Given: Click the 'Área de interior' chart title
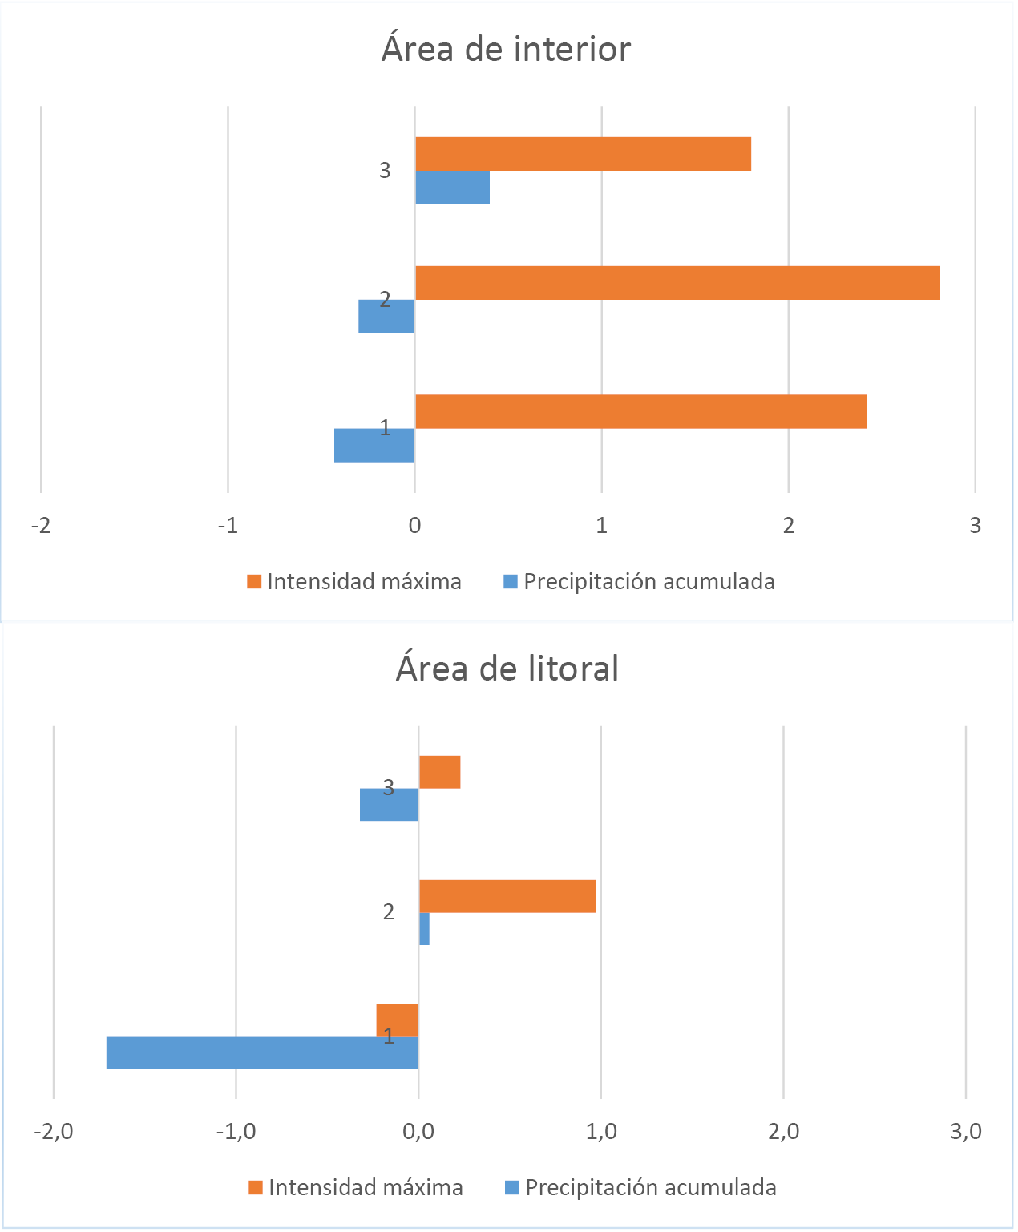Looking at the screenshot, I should [x=506, y=50].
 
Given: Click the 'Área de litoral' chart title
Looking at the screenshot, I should [x=507, y=669].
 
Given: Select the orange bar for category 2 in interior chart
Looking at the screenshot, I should [x=677, y=283].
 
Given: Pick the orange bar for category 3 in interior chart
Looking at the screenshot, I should [x=583, y=154].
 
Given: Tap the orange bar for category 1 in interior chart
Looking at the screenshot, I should [x=640, y=411].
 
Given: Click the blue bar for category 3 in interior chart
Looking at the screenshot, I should [x=452, y=188].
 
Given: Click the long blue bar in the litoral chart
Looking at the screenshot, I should [x=261, y=1052].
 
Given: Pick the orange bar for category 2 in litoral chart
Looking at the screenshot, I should [x=507, y=896].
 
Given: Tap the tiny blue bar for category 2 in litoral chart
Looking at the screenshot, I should [x=424, y=929].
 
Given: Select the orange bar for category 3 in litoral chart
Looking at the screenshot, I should [x=439, y=772].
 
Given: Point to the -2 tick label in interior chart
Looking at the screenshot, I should [x=40, y=526].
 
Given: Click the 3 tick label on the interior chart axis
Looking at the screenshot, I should [x=975, y=526].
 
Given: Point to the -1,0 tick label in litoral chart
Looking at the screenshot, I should [x=236, y=1132].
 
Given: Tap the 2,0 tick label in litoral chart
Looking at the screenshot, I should [x=783, y=1132].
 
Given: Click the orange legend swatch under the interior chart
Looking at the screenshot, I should [x=255, y=582].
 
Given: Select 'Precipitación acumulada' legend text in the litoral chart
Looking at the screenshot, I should [x=650, y=1187].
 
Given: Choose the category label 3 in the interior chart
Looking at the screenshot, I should [x=385, y=170].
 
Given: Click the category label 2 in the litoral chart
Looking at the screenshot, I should [x=389, y=912].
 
